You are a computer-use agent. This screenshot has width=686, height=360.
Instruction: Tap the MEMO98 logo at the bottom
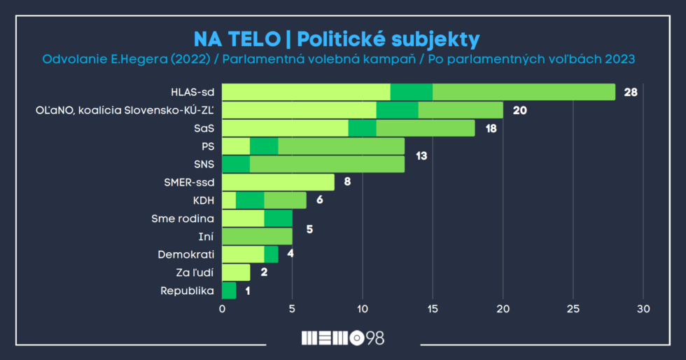click(x=342, y=338)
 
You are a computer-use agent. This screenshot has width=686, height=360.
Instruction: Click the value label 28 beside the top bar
click(x=631, y=92)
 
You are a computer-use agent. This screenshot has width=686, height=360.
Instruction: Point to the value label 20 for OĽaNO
click(x=519, y=110)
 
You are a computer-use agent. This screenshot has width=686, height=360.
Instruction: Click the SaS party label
click(x=204, y=128)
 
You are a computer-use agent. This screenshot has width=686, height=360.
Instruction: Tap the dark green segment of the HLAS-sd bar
click(x=411, y=92)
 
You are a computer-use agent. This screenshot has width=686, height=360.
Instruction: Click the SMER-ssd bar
click(x=278, y=183)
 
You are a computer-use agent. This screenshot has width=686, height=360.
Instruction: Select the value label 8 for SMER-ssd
click(x=348, y=183)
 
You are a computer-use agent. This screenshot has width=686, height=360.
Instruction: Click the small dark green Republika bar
click(x=229, y=291)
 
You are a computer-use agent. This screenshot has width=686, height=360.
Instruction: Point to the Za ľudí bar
click(x=236, y=272)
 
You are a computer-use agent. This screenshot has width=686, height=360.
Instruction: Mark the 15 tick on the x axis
click(x=433, y=309)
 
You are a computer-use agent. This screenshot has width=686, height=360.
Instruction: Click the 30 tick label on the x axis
click(x=643, y=309)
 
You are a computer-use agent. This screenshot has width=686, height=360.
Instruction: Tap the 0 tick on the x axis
click(x=223, y=309)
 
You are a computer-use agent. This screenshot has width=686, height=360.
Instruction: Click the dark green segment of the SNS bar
click(x=236, y=165)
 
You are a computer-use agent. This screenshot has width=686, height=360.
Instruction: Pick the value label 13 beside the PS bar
click(x=421, y=155)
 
